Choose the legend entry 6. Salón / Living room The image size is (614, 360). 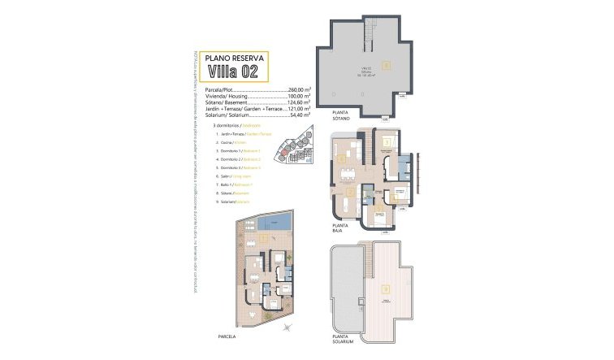pyautogui.click(x=232, y=176)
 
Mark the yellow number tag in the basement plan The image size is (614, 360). pyautogui.click(x=387, y=63)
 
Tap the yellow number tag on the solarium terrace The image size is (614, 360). pyautogui.click(x=387, y=286)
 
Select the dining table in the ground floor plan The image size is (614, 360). pyautogui.click(x=348, y=172)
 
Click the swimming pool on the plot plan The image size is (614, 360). pyautogui.click(x=278, y=222)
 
